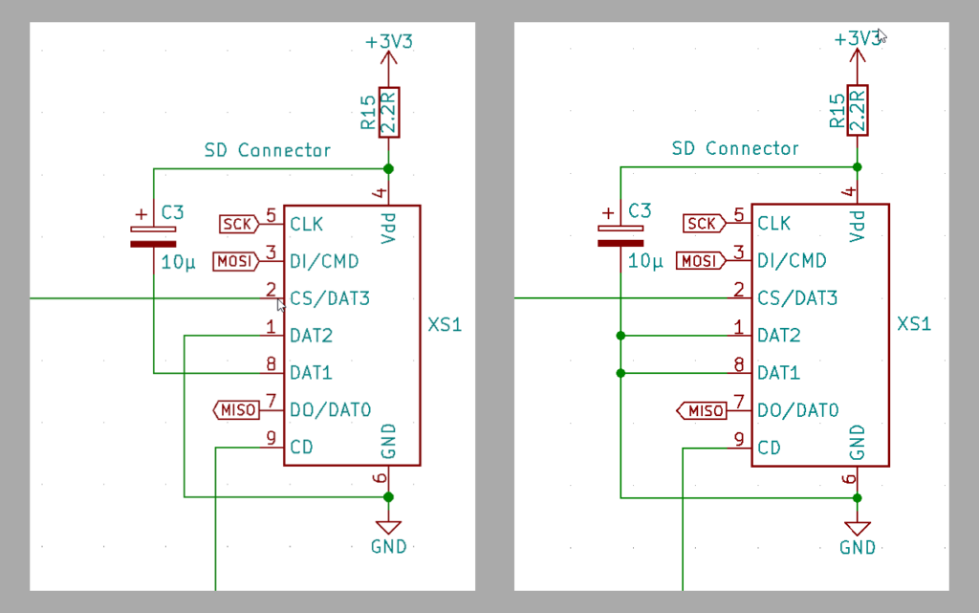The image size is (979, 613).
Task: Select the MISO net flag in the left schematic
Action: (x=236, y=410)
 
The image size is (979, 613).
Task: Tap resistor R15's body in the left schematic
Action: (x=388, y=112)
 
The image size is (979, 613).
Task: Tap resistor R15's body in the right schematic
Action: (x=857, y=111)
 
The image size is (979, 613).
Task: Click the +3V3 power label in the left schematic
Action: (x=388, y=42)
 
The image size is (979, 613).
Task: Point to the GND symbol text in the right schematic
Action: (x=858, y=547)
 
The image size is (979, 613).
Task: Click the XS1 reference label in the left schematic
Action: (x=445, y=325)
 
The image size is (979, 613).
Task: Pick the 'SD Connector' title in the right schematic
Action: (x=735, y=148)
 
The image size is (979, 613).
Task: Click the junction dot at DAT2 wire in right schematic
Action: (x=621, y=336)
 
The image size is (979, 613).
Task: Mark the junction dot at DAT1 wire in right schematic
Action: (x=621, y=373)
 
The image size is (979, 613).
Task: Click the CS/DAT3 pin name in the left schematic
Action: (x=329, y=298)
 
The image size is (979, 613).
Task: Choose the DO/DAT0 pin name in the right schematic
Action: (x=797, y=410)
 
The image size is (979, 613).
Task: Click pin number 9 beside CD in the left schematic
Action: (x=271, y=439)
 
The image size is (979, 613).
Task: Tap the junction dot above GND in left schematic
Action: (x=388, y=497)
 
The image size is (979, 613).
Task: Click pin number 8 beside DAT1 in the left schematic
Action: (x=271, y=364)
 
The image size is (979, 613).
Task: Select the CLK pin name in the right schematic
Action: (x=773, y=225)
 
